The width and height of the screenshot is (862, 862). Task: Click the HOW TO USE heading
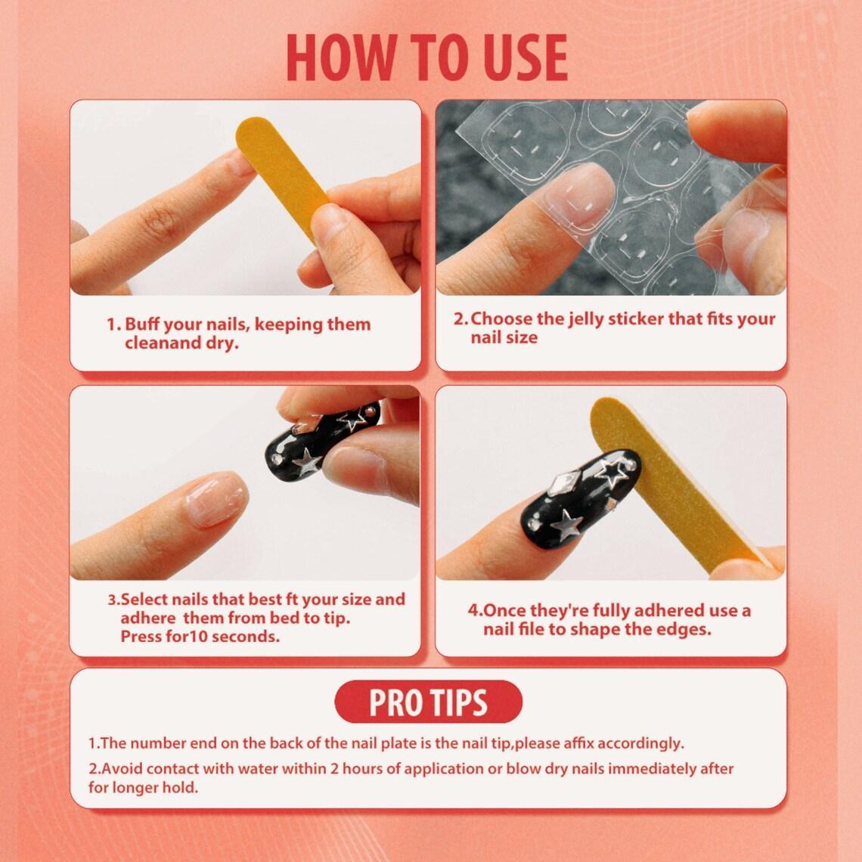(428, 57)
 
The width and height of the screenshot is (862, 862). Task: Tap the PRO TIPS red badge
(428, 702)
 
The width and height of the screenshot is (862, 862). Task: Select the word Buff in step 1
(141, 324)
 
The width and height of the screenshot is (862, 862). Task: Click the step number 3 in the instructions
(113, 600)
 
